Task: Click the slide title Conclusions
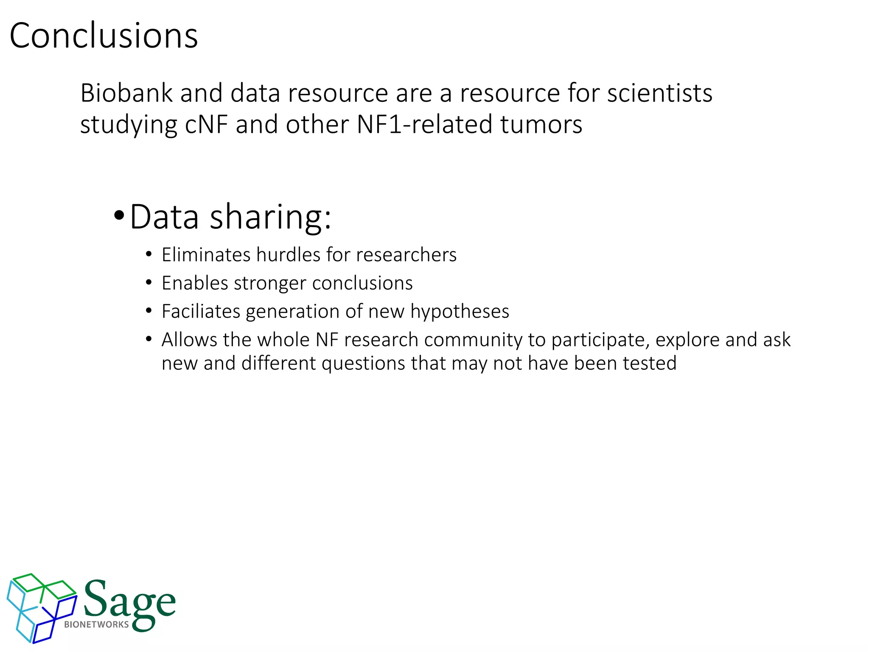pos(104,36)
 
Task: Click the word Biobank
pos(126,93)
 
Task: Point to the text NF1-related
pos(424,125)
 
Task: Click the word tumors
pos(541,125)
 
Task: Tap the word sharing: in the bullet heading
pos(270,217)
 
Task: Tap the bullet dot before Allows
pos(149,339)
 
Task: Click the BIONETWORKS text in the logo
pos(96,624)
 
